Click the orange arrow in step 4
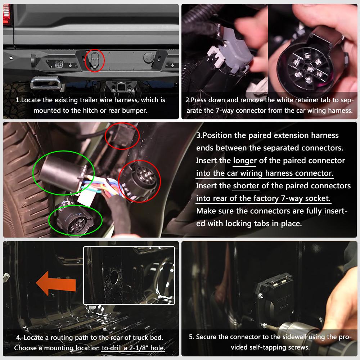(56, 284)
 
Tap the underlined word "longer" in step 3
(245, 161)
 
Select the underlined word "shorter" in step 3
(246, 185)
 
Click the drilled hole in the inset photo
(114, 277)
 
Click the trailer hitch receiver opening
(120, 87)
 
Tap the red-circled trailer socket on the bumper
(95, 60)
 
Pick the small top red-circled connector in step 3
(122, 136)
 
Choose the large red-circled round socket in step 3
(140, 181)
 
